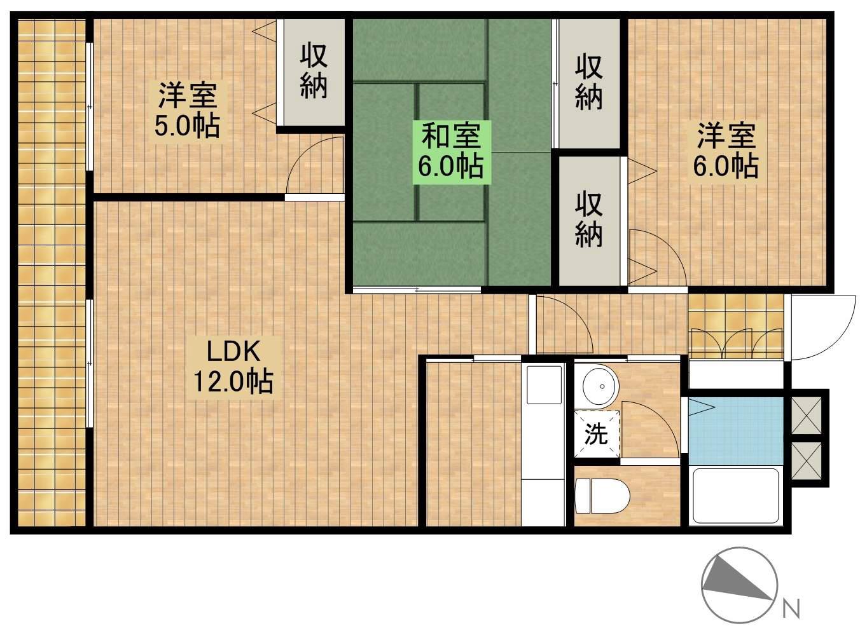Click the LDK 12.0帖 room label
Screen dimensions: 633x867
coord(233,367)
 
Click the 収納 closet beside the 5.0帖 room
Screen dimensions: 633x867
coord(314,71)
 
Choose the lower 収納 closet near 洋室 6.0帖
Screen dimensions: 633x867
coord(589,219)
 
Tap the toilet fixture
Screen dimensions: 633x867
coord(600,494)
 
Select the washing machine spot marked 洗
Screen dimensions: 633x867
coord(597,435)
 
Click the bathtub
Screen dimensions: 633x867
coord(735,496)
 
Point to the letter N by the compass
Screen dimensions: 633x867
coord(791,609)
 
